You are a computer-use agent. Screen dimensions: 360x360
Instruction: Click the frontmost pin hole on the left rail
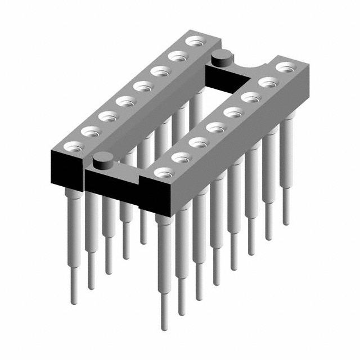[x=73, y=146]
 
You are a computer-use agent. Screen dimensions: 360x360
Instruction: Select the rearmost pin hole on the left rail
[x=195, y=41]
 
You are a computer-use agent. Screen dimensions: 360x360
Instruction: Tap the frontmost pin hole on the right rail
[x=164, y=173]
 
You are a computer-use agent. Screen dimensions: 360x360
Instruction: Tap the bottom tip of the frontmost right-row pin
[x=164, y=326]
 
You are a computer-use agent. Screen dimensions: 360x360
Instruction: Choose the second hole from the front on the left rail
[x=90, y=131]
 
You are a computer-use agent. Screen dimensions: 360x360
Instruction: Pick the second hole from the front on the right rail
[x=181, y=157]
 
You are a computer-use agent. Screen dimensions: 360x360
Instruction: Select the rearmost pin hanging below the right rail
[x=287, y=169]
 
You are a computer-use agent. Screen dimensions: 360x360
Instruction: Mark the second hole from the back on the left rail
[x=178, y=56]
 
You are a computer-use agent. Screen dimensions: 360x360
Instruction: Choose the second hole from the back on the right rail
[x=269, y=82]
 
